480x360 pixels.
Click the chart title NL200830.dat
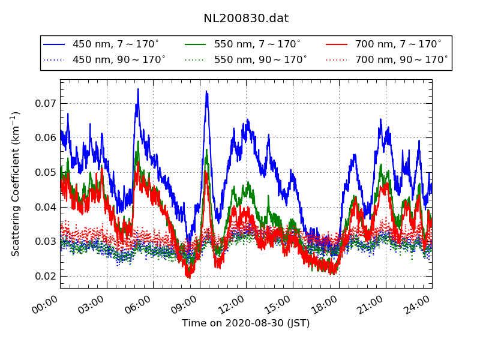point(246,19)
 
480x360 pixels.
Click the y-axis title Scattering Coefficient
point(16,184)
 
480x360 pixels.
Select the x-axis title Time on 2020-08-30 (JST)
point(246,323)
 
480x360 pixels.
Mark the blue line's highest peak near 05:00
point(138,89)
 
